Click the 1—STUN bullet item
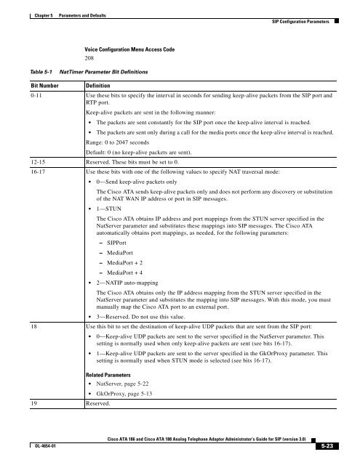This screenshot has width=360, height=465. coord(111,206)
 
